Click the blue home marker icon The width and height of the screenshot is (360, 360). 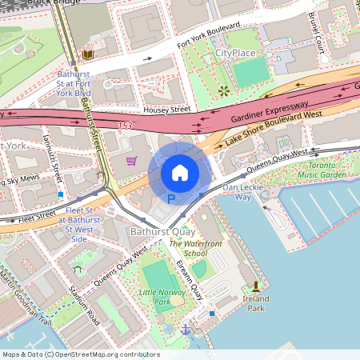click(x=180, y=172)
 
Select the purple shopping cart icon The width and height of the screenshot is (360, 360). click(x=131, y=161)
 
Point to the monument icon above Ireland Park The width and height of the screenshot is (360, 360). click(x=256, y=286)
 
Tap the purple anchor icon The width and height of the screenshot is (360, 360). click(x=186, y=328)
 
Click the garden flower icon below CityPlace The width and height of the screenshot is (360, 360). click(x=223, y=90)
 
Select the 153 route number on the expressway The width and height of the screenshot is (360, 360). click(x=124, y=126)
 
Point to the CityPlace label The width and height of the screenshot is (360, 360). click(x=234, y=53)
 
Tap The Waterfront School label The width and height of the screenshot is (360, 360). click(x=188, y=248)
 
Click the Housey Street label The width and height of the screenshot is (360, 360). click(x=166, y=109)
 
